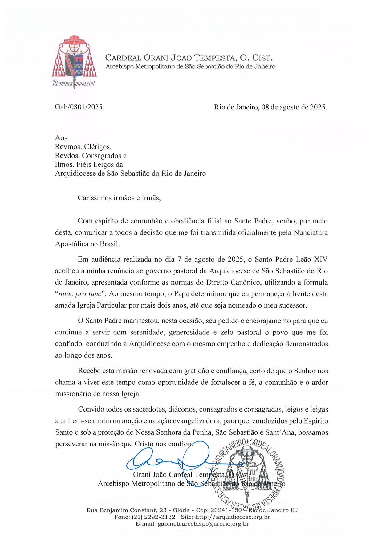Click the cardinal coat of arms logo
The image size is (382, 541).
pyautogui.click(x=74, y=57)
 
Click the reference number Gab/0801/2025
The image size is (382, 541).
pyautogui.click(x=79, y=107)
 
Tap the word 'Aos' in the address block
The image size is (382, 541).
pyautogui.click(x=61, y=138)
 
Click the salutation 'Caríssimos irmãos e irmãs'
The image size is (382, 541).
pyautogui.click(x=119, y=198)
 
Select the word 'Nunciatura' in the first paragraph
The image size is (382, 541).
pyautogui.click(x=311, y=232)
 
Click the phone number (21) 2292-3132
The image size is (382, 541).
pyautogui.click(x=153, y=517)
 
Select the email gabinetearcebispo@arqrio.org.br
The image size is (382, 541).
pyautogui.click(x=203, y=524)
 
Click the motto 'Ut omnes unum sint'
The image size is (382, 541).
pyautogui.click(x=74, y=83)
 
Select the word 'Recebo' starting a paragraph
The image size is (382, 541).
pyautogui.click(x=89, y=371)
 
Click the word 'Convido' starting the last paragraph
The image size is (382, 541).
pyautogui.click(x=91, y=409)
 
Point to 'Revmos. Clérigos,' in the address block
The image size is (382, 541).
pyautogui.click(x=83, y=147)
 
